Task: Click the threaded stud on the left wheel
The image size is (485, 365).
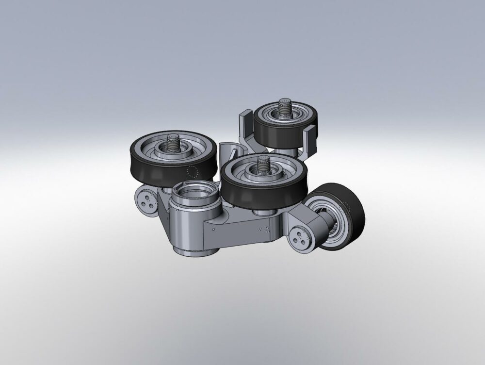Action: coord(174,142)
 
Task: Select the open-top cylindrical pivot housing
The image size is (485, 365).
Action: coord(191,197)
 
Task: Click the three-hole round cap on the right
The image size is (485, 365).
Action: coord(301,238)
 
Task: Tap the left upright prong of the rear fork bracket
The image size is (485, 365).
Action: coord(244,124)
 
